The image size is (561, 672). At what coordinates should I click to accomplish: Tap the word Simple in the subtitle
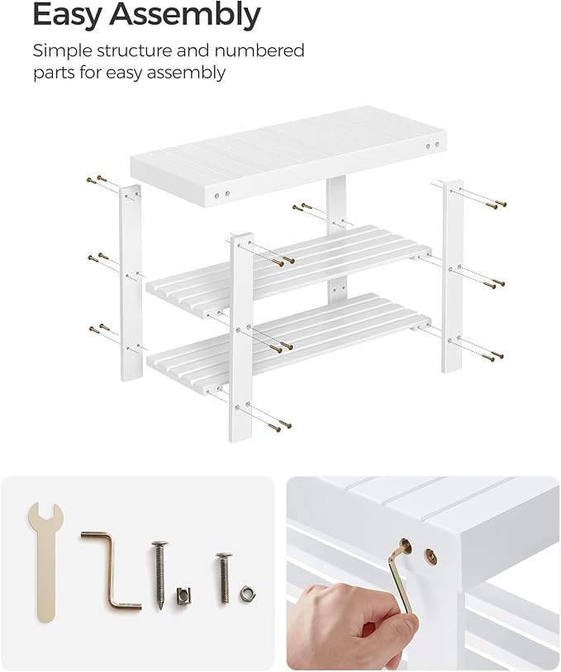[63, 50]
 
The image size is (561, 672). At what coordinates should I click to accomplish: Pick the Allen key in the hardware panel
[111, 569]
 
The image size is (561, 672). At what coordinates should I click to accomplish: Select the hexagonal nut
[245, 592]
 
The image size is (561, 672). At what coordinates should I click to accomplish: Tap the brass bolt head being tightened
[404, 547]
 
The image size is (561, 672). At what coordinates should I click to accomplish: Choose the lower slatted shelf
[289, 334]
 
